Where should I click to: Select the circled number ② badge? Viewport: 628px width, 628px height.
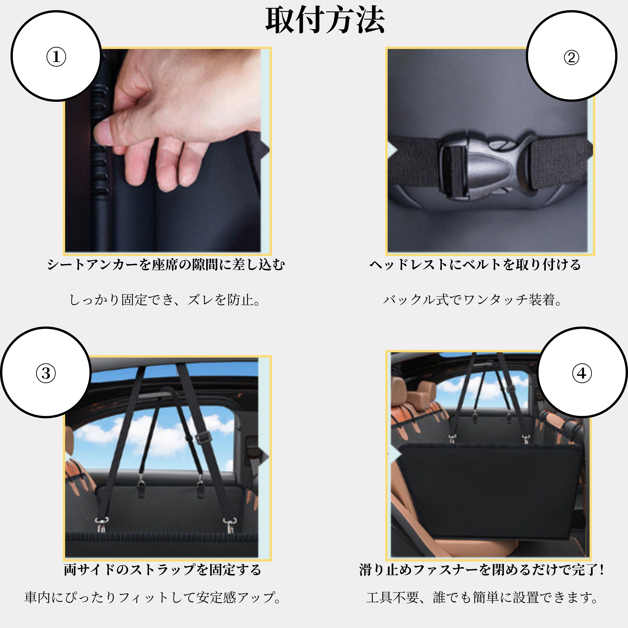point(571,56)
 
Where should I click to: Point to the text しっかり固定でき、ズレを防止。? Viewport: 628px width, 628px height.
point(165,300)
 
